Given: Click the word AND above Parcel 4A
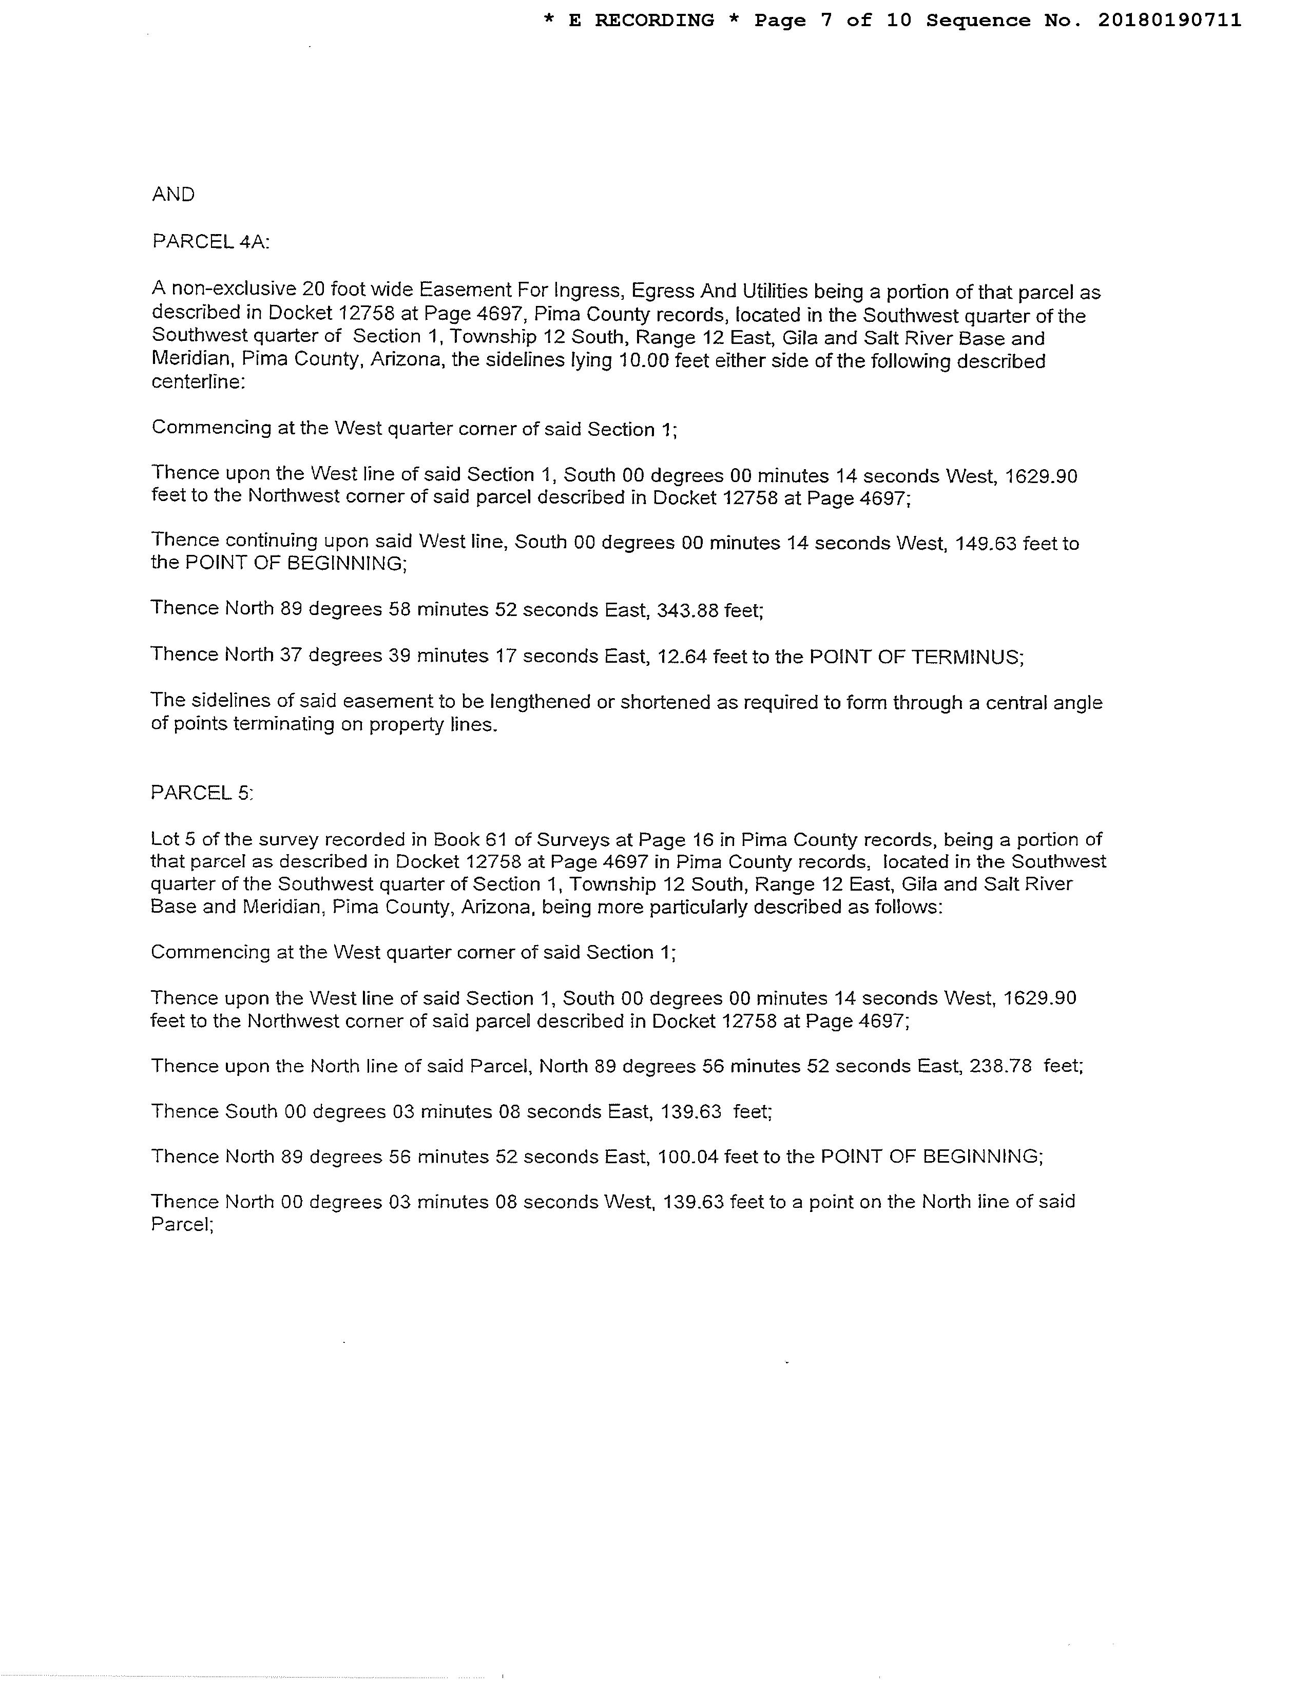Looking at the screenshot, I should pyautogui.click(x=173, y=195).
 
